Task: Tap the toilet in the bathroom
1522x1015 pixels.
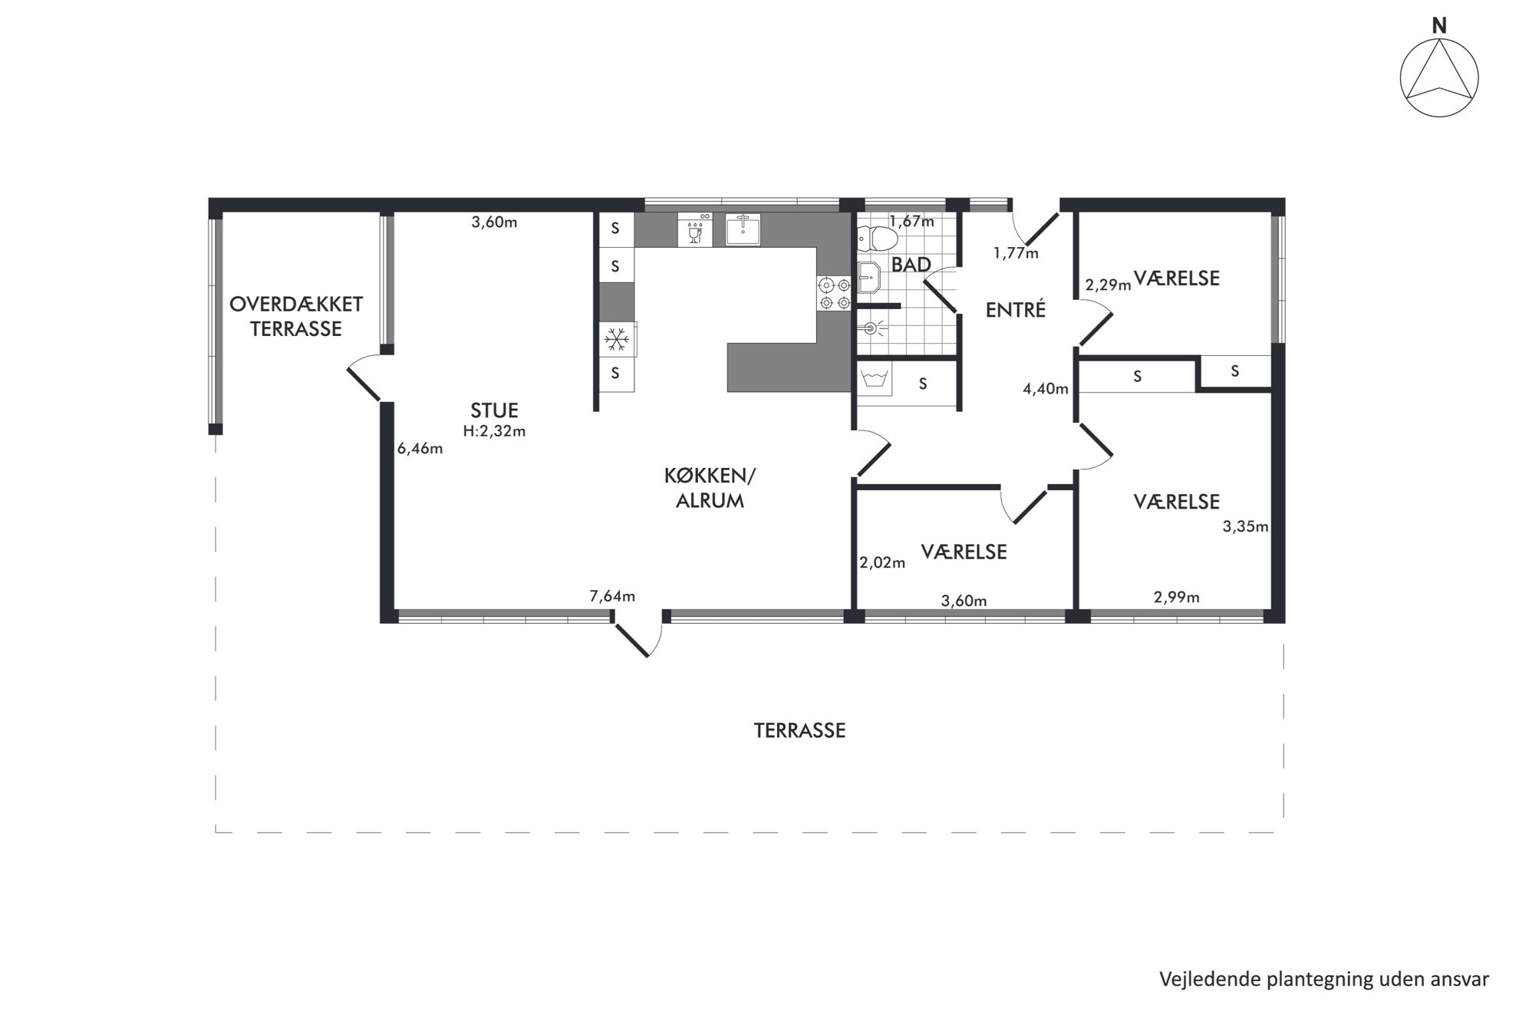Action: pyautogui.click(x=876, y=239)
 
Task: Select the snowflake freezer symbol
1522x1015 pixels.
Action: pyautogui.click(x=617, y=338)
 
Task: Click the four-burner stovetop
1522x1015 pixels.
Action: pyautogui.click(x=835, y=293)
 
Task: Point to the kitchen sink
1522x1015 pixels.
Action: pyautogui.click(x=743, y=229)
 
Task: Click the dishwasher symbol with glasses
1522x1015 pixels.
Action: pyautogui.click(x=695, y=229)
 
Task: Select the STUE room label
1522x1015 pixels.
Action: pyautogui.click(x=495, y=410)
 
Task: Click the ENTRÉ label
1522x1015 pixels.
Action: pyautogui.click(x=1016, y=310)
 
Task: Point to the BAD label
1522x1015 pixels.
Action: pyautogui.click(x=911, y=265)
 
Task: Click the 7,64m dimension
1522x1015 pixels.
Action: pyautogui.click(x=612, y=596)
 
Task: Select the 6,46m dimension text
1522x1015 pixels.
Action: pyautogui.click(x=420, y=449)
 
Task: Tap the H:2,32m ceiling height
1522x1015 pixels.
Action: pyautogui.click(x=495, y=431)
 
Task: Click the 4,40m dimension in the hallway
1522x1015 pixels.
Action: pyautogui.click(x=1046, y=389)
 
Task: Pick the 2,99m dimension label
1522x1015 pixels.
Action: pyautogui.click(x=1177, y=597)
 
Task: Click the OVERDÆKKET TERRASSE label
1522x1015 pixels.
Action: pyautogui.click(x=296, y=316)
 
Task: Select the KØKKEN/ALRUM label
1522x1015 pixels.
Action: pyautogui.click(x=710, y=488)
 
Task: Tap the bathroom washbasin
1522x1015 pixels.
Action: pyautogui.click(x=868, y=277)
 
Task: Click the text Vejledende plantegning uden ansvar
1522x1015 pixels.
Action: pyautogui.click(x=1324, y=979)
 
